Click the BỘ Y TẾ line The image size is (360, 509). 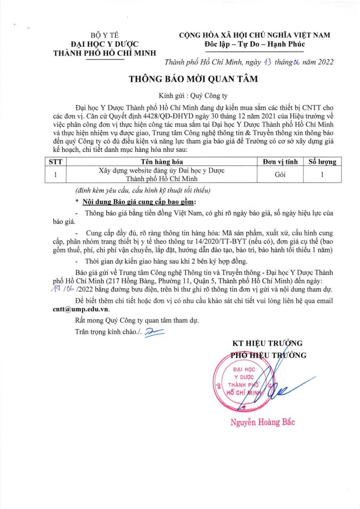[x=104, y=35]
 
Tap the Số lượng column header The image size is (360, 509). [x=322, y=162]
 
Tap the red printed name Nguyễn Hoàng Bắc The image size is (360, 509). [x=262, y=422]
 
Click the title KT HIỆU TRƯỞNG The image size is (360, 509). [x=267, y=343]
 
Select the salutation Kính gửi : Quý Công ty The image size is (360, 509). [x=193, y=95]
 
